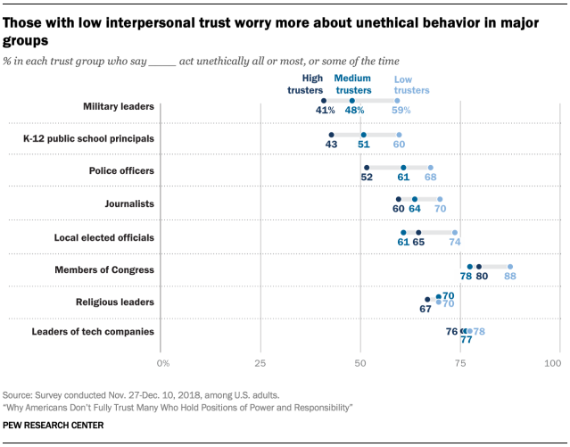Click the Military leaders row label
pos(120,107)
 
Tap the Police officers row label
pos(122,170)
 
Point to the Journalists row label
pos(130,203)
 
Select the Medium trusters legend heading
pos(353,84)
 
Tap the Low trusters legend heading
pos(411,84)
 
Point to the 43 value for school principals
pos(331,144)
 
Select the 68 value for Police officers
pos(431,177)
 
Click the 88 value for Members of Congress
pos(511,277)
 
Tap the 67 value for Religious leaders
pos(425,309)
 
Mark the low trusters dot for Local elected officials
pos(455,233)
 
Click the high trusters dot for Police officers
pos(367,167)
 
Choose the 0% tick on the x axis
pos(163,363)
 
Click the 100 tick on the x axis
pos(552,363)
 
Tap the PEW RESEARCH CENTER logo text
pos(53,425)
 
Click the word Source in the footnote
pos(18,393)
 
